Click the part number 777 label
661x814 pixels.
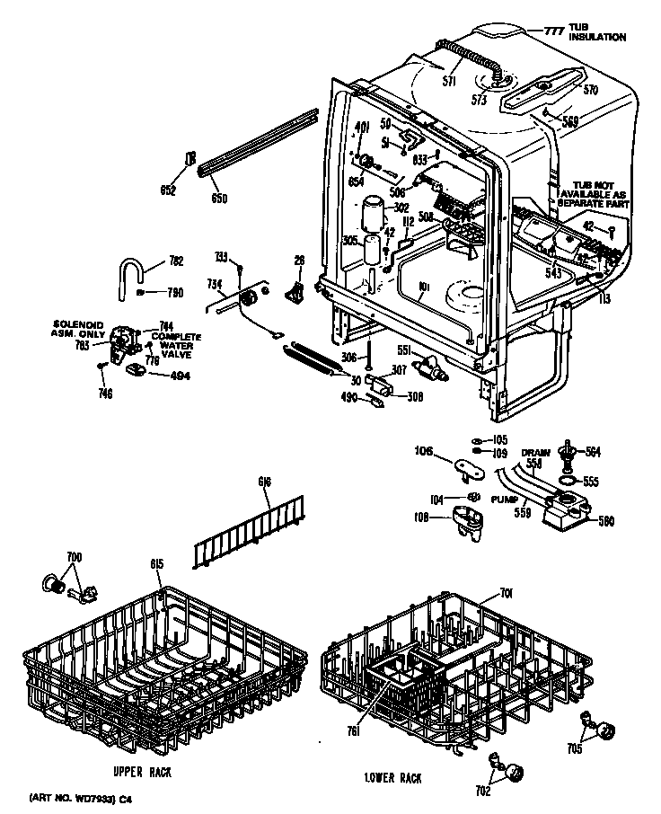(554, 31)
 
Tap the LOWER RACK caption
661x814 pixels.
(392, 777)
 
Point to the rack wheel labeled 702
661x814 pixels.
(513, 770)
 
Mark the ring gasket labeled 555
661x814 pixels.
(568, 482)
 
